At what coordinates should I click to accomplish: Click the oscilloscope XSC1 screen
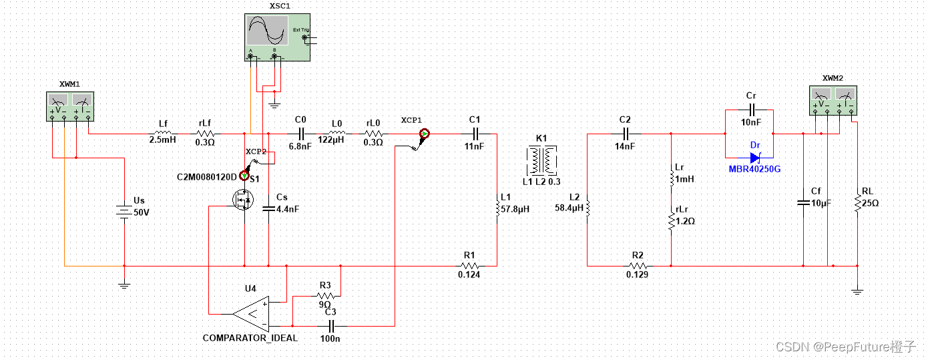pyautogui.click(x=268, y=31)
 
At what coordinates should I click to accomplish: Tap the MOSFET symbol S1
pyautogui.click(x=242, y=199)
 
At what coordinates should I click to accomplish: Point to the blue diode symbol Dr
pyautogui.click(x=755, y=158)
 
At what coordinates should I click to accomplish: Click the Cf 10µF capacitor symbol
pyautogui.click(x=803, y=200)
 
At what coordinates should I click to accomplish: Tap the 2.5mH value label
pyautogui.click(x=162, y=141)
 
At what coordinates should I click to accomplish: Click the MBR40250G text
pyautogui.click(x=754, y=169)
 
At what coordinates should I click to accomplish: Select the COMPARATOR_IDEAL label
pyautogui.click(x=250, y=337)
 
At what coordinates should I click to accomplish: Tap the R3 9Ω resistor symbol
pyautogui.click(x=324, y=295)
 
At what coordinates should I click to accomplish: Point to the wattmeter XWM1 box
pyautogui.click(x=69, y=107)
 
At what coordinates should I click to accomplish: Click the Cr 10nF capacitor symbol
pyautogui.click(x=750, y=110)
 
